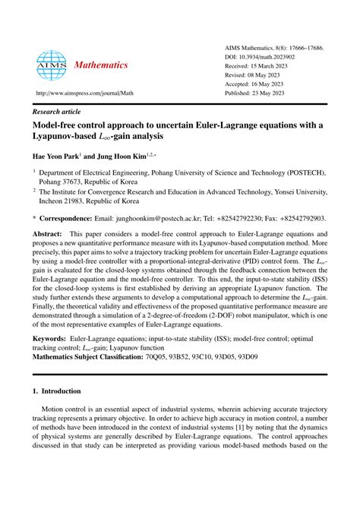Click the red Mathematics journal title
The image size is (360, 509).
coord(100,65)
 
